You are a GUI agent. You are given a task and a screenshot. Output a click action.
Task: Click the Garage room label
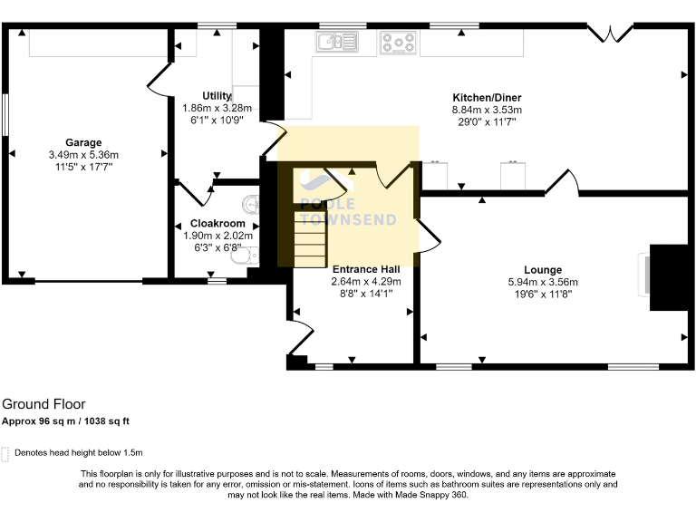[x=82, y=142]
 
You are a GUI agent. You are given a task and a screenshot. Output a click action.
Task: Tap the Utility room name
[x=217, y=95]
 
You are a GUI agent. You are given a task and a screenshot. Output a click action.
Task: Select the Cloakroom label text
[x=217, y=223]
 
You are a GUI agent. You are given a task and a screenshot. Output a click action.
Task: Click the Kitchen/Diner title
[x=487, y=98]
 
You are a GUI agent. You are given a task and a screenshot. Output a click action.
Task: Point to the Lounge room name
[x=542, y=269]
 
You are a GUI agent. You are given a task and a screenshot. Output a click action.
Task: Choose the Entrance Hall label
[x=365, y=269]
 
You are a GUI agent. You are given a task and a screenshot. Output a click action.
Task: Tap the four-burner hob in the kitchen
[x=398, y=42]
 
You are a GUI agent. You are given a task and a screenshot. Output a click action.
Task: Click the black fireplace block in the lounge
[x=670, y=276]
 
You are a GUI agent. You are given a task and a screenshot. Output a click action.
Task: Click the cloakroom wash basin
[x=253, y=201]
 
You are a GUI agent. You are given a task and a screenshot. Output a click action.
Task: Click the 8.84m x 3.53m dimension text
[x=487, y=110]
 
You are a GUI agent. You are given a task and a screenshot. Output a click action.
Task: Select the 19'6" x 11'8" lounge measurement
[x=542, y=293]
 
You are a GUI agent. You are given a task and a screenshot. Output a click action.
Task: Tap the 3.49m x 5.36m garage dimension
[x=82, y=155]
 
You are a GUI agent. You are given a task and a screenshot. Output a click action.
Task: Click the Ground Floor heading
[x=43, y=404]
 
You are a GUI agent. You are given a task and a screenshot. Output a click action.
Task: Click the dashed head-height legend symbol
[x=6, y=452]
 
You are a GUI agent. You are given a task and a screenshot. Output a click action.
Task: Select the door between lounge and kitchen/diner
[x=562, y=180]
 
